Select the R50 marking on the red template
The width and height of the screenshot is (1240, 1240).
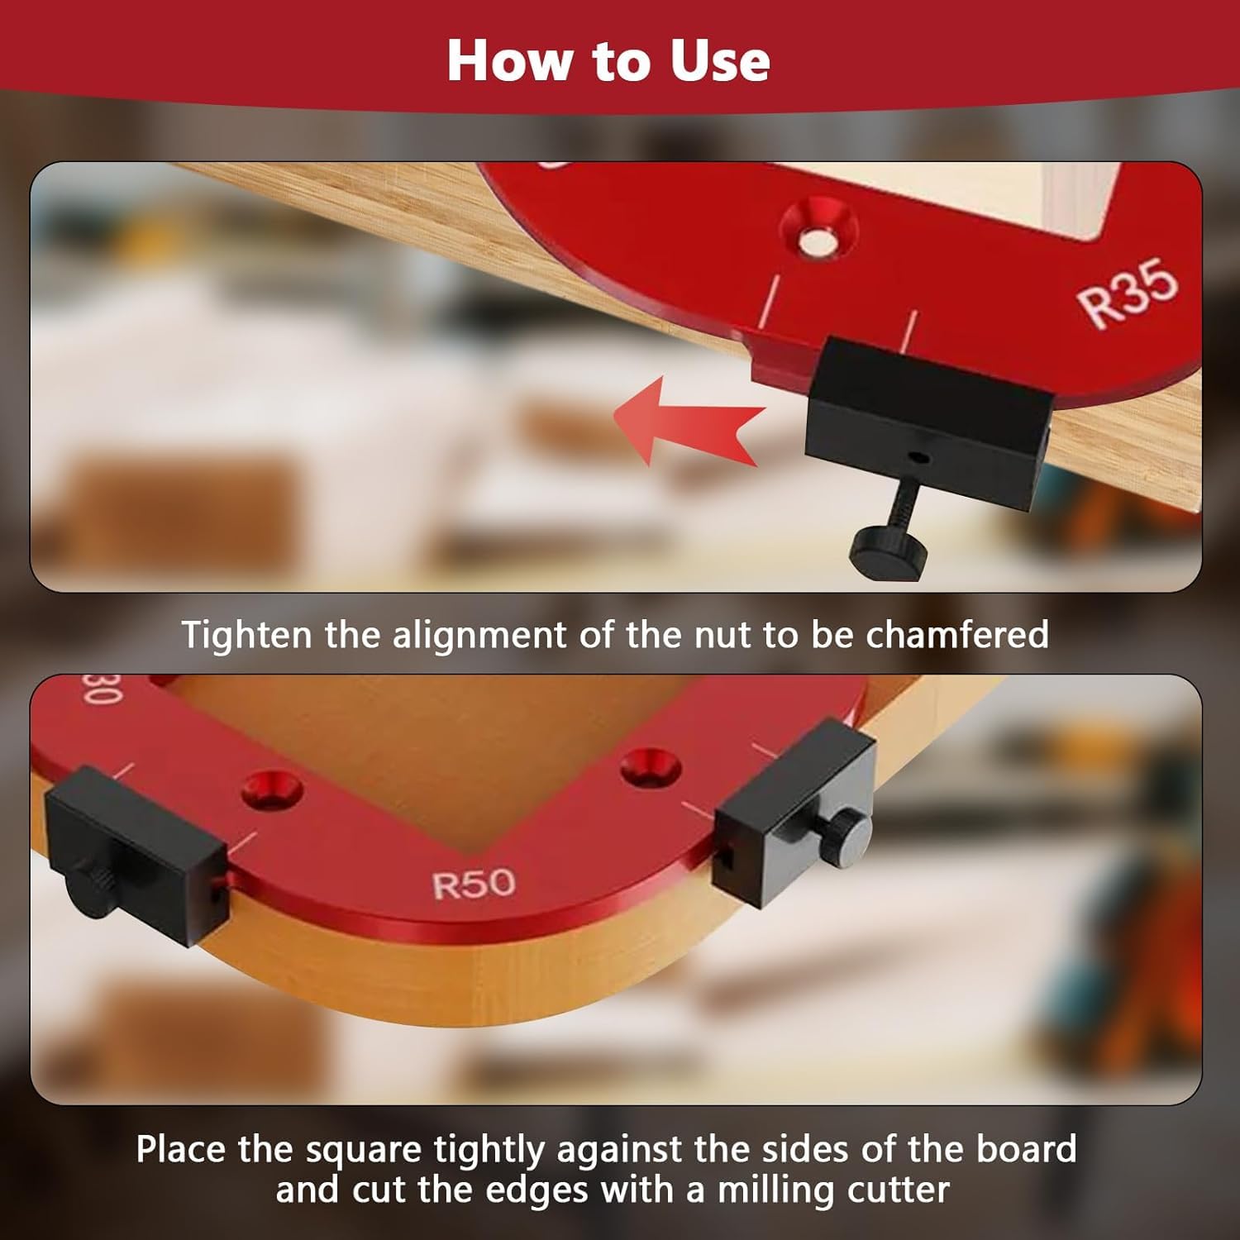pos(474,885)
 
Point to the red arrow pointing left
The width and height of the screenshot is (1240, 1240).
pos(688,420)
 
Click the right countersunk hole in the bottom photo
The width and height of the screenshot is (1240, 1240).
pos(652,767)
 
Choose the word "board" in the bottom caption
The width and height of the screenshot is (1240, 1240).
pos(1026,1149)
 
